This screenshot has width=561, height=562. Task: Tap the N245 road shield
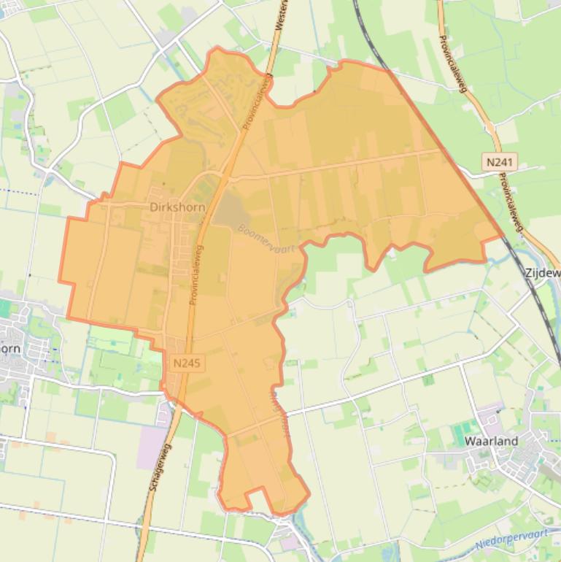click(187, 362)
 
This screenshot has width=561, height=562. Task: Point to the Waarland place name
click(491, 441)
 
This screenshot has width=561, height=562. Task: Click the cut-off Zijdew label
click(542, 272)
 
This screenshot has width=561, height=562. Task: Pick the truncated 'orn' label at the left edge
click(10, 348)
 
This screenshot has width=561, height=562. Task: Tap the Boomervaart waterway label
click(266, 238)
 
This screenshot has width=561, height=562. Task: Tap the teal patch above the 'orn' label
click(5, 308)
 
